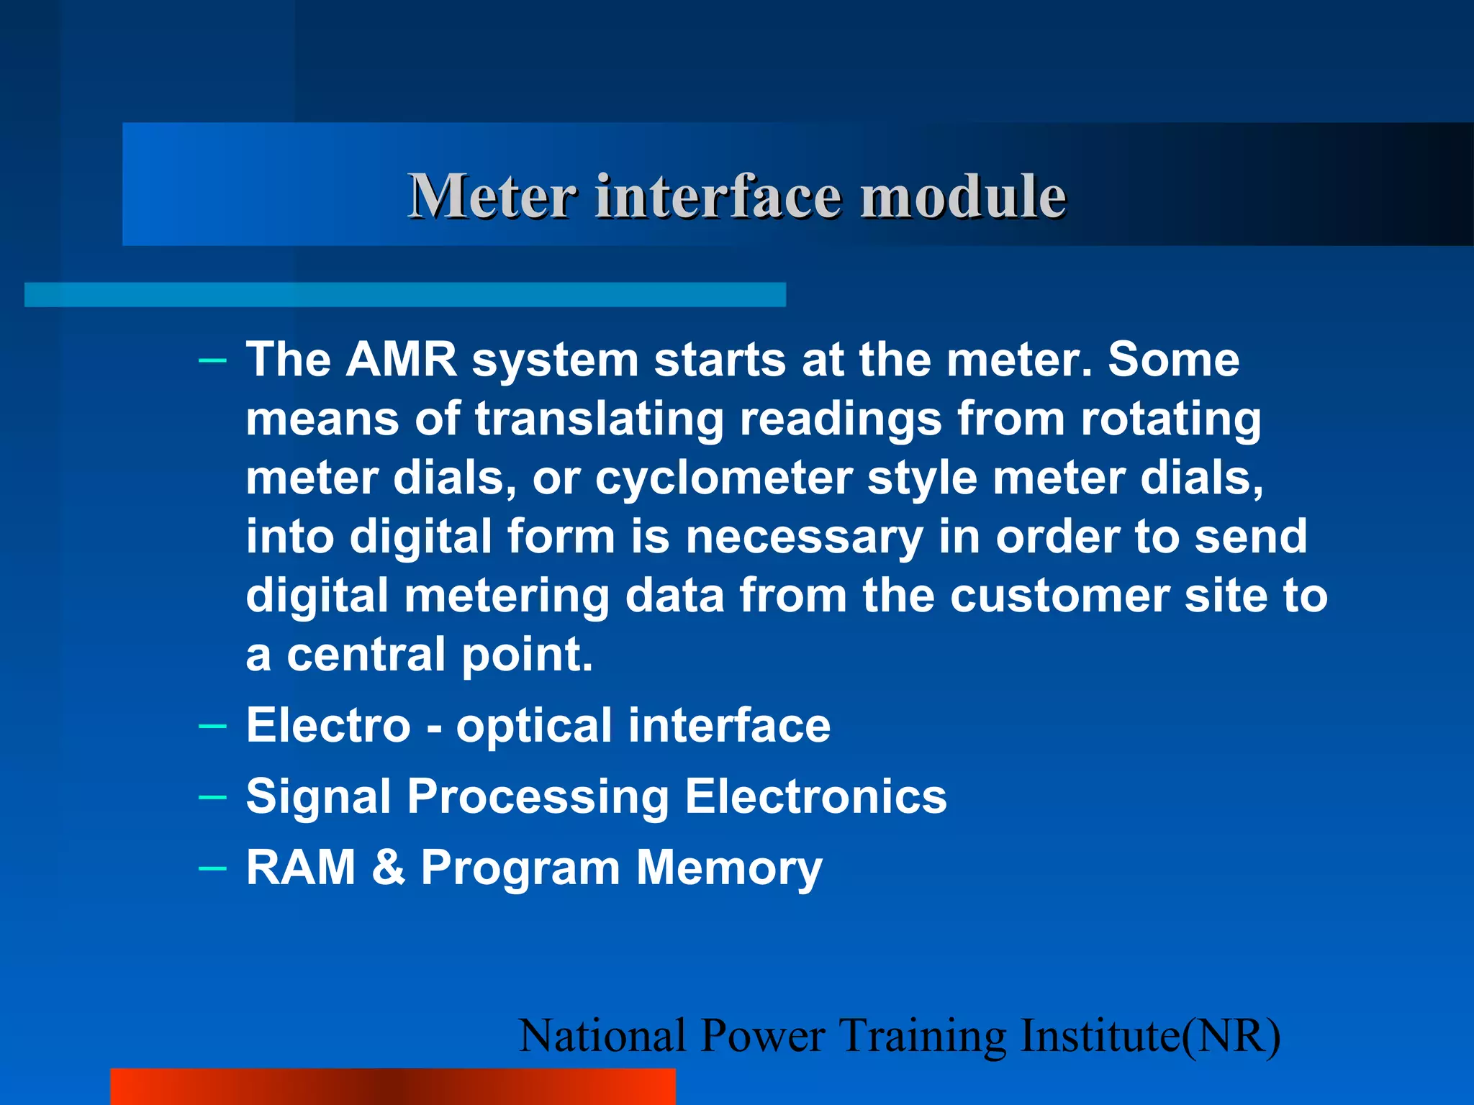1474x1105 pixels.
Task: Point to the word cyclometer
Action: (x=723, y=478)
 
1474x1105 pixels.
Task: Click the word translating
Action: (x=599, y=419)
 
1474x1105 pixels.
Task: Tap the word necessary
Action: (x=804, y=537)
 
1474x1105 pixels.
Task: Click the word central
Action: (x=366, y=655)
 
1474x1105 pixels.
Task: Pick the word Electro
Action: (x=328, y=725)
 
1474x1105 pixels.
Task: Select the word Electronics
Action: (x=815, y=796)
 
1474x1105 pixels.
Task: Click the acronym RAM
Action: (x=301, y=868)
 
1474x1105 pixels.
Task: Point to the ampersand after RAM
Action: (x=389, y=868)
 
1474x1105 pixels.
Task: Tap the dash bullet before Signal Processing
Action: (x=212, y=796)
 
